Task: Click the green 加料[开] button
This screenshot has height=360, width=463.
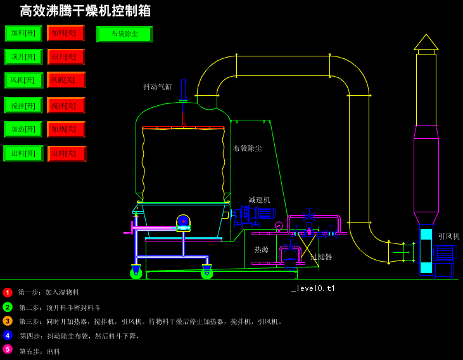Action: point(23,33)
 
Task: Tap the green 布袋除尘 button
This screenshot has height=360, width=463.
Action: point(124,34)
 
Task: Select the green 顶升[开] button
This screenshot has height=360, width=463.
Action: point(23,57)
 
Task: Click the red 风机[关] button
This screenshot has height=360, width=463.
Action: point(66,80)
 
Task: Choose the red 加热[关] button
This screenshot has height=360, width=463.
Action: point(66,129)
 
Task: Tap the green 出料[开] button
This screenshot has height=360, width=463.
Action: point(23,153)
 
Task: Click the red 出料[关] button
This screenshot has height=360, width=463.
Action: point(67,153)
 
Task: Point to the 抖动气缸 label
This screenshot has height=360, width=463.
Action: point(157,87)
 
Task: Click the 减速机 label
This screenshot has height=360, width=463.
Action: point(259,200)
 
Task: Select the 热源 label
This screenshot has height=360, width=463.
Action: point(262,250)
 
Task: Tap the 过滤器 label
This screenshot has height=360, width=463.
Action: point(321,257)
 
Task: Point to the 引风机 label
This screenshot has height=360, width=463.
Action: point(448,236)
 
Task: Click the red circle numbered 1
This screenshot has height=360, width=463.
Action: point(8,292)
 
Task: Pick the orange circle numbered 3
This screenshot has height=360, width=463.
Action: point(8,321)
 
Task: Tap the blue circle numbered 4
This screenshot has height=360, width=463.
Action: point(8,335)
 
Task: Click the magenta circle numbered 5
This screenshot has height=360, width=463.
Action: point(8,349)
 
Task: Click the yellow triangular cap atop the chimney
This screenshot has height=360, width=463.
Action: point(426,43)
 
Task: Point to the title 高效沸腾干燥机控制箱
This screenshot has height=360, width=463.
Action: point(86,11)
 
